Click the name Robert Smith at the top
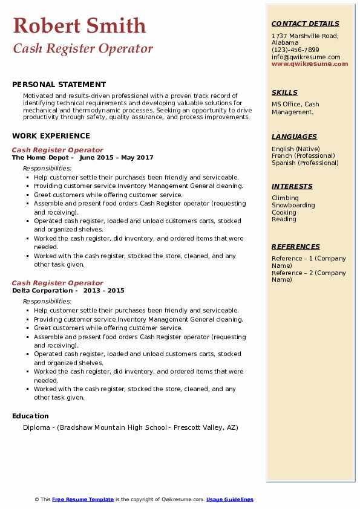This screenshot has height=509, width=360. pos(79,25)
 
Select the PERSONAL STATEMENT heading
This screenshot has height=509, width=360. pos(59,85)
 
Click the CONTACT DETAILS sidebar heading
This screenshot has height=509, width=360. pos(306,24)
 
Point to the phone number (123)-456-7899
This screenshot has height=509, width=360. pos(295,50)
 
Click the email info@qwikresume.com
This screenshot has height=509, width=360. pos(306,57)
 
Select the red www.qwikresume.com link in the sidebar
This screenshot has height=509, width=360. pos(310,63)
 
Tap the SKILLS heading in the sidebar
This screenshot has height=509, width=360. pos(284,92)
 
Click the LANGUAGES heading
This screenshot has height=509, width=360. pos(294,137)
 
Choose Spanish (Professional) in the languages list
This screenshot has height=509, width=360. pos(305,163)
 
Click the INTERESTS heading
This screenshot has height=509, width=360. pos(292,186)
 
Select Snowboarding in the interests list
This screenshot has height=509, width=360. pos(293,205)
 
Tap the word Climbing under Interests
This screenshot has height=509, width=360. pos(285,198)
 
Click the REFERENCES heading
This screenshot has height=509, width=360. pos(295,247)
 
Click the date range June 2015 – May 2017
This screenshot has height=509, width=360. pos(116,157)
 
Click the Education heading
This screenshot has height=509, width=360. pos(30,416)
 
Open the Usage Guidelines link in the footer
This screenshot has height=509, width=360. pos(229,499)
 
